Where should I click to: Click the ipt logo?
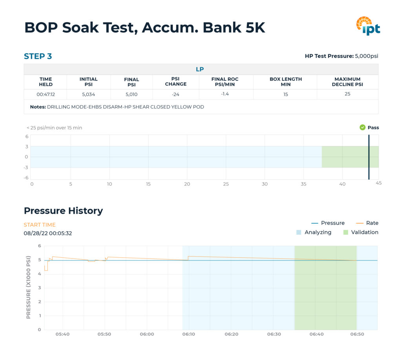[368, 26]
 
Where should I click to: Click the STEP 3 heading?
[38, 56]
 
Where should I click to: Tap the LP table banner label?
[200, 69]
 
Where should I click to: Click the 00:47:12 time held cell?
[46, 94]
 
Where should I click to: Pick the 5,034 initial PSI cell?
[88, 94]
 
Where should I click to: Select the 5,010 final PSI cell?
[132, 94]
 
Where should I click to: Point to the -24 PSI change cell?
[175, 94]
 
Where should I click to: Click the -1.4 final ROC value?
[225, 94]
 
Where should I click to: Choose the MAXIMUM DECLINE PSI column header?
[347, 82]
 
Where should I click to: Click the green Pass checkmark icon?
[362, 127]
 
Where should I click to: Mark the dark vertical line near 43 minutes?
[369, 157]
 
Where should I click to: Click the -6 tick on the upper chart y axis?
[27, 177]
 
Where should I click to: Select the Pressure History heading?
[63, 211]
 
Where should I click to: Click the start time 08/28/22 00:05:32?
[48, 233]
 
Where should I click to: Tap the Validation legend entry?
[364, 232]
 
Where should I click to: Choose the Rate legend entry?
[372, 223]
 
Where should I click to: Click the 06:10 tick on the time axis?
[189, 334]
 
